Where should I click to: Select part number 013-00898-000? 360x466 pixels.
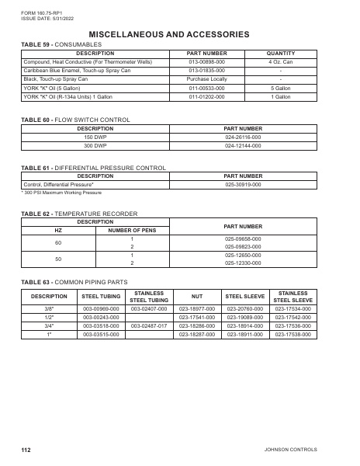pyautogui.click(x=207, y=62)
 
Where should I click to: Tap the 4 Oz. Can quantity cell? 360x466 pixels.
pyautogui.click(x=280, y=62)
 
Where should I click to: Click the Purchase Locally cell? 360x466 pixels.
pyautogui.click(x=207, y=79)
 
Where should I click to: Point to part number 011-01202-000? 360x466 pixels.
pyautogui.click(x=207, y=96)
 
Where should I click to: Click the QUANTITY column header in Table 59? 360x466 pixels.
pyautogui.click(x=280, y=54)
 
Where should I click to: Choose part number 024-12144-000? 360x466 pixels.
pyautogui.click(x=243, y=145)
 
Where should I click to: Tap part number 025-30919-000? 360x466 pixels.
pyautogui.click(x=243, y=185)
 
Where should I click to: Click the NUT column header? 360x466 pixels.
pyautogui.click(x=197, y=296)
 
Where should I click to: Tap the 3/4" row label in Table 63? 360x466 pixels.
pyautogui.click(x=49, y=325)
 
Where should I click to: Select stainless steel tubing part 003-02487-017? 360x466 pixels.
pyautogui.click(x=149, y=325)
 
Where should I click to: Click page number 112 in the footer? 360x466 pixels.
pyautogui.click(x=26, y=450)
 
